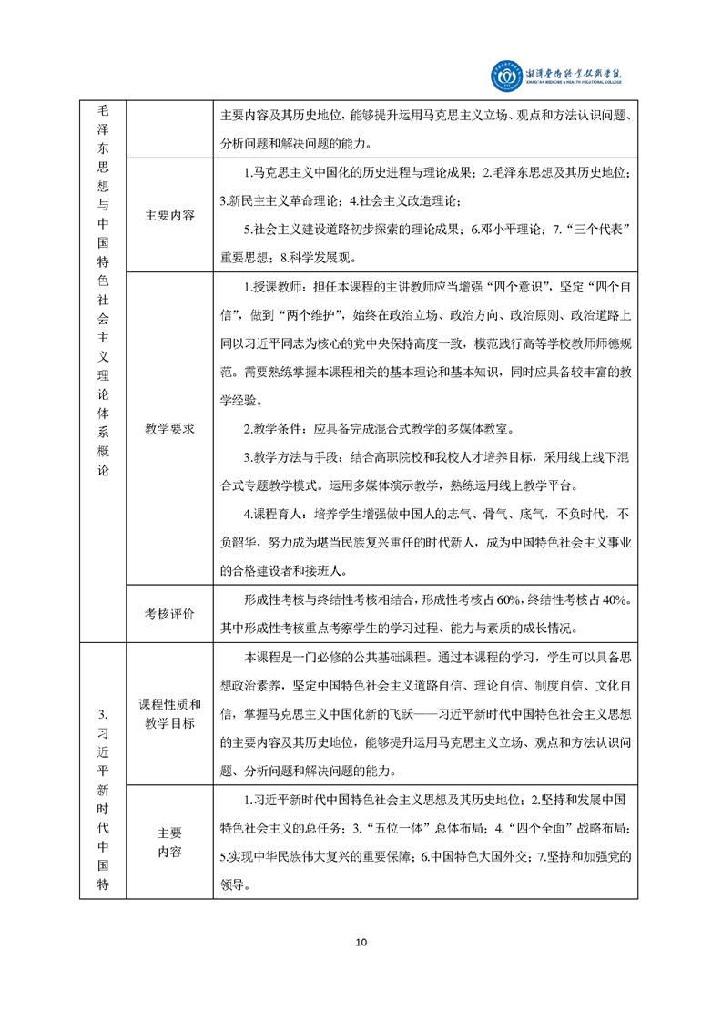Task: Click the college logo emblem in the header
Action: click(506, 77)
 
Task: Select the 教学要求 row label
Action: click(169, 428)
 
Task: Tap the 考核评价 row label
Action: click(169, 614)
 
